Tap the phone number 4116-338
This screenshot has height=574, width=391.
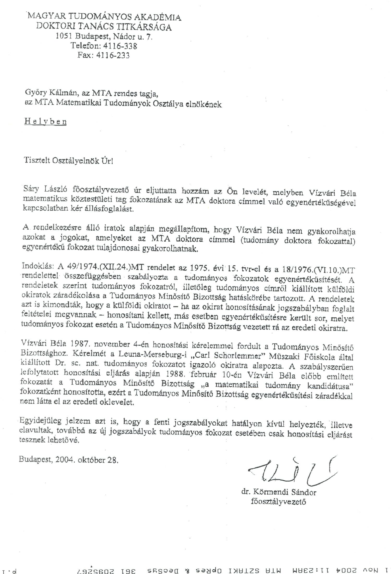point(120,46)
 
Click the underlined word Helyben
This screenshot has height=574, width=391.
point(45,122)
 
